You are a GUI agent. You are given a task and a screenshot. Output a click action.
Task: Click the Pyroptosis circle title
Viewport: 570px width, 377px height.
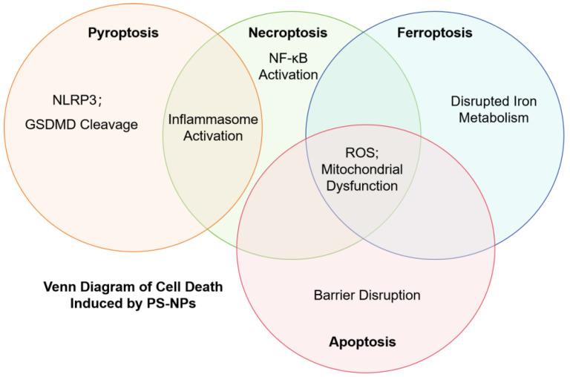coord(123,33)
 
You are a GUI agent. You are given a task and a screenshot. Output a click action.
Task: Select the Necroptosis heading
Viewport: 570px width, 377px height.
coord(287,33)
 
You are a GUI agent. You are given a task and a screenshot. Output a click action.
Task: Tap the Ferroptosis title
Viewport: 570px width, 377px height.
coord(434,33)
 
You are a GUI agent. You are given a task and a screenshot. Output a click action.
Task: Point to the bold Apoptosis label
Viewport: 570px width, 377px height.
coord(362,342)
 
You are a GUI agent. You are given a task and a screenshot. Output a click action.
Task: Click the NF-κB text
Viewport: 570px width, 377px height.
coord(288,57)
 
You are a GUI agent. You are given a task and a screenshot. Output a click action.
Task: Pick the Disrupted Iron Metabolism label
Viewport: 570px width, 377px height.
coord(494,110)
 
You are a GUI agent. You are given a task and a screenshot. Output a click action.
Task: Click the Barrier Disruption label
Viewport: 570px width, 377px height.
coord(367,295)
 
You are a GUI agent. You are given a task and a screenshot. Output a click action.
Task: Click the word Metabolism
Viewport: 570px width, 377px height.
coord(494,119)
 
